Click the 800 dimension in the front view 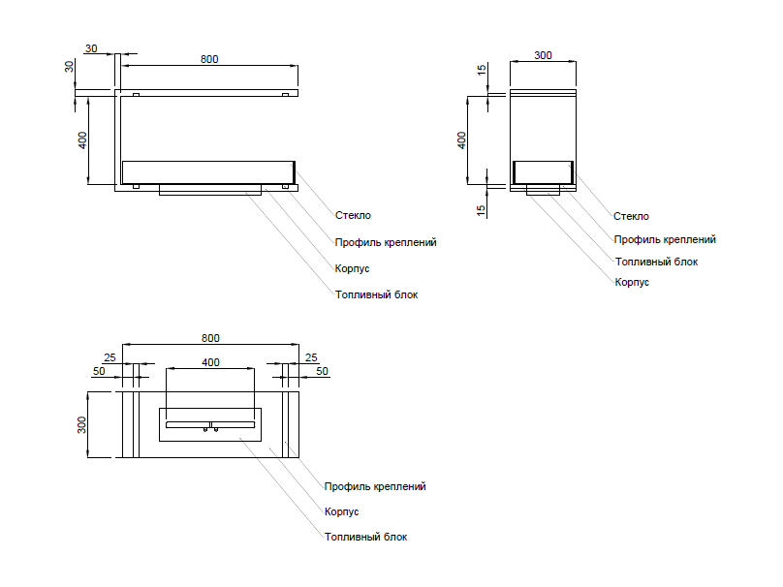209,59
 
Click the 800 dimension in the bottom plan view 210,338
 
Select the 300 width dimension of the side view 543,55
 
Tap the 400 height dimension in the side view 462,139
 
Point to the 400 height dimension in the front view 82,139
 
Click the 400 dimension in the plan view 210,362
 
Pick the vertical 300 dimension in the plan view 82,424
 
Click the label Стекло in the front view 353,216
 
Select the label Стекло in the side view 631,217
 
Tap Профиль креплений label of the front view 385,242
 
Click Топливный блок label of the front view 376,293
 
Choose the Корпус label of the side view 632,282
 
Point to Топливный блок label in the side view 656,262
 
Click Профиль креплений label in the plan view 375,486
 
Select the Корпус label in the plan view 341,511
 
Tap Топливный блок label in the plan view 365,537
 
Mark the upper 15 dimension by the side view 482,71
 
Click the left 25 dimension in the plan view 110,358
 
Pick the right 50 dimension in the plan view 322,371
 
